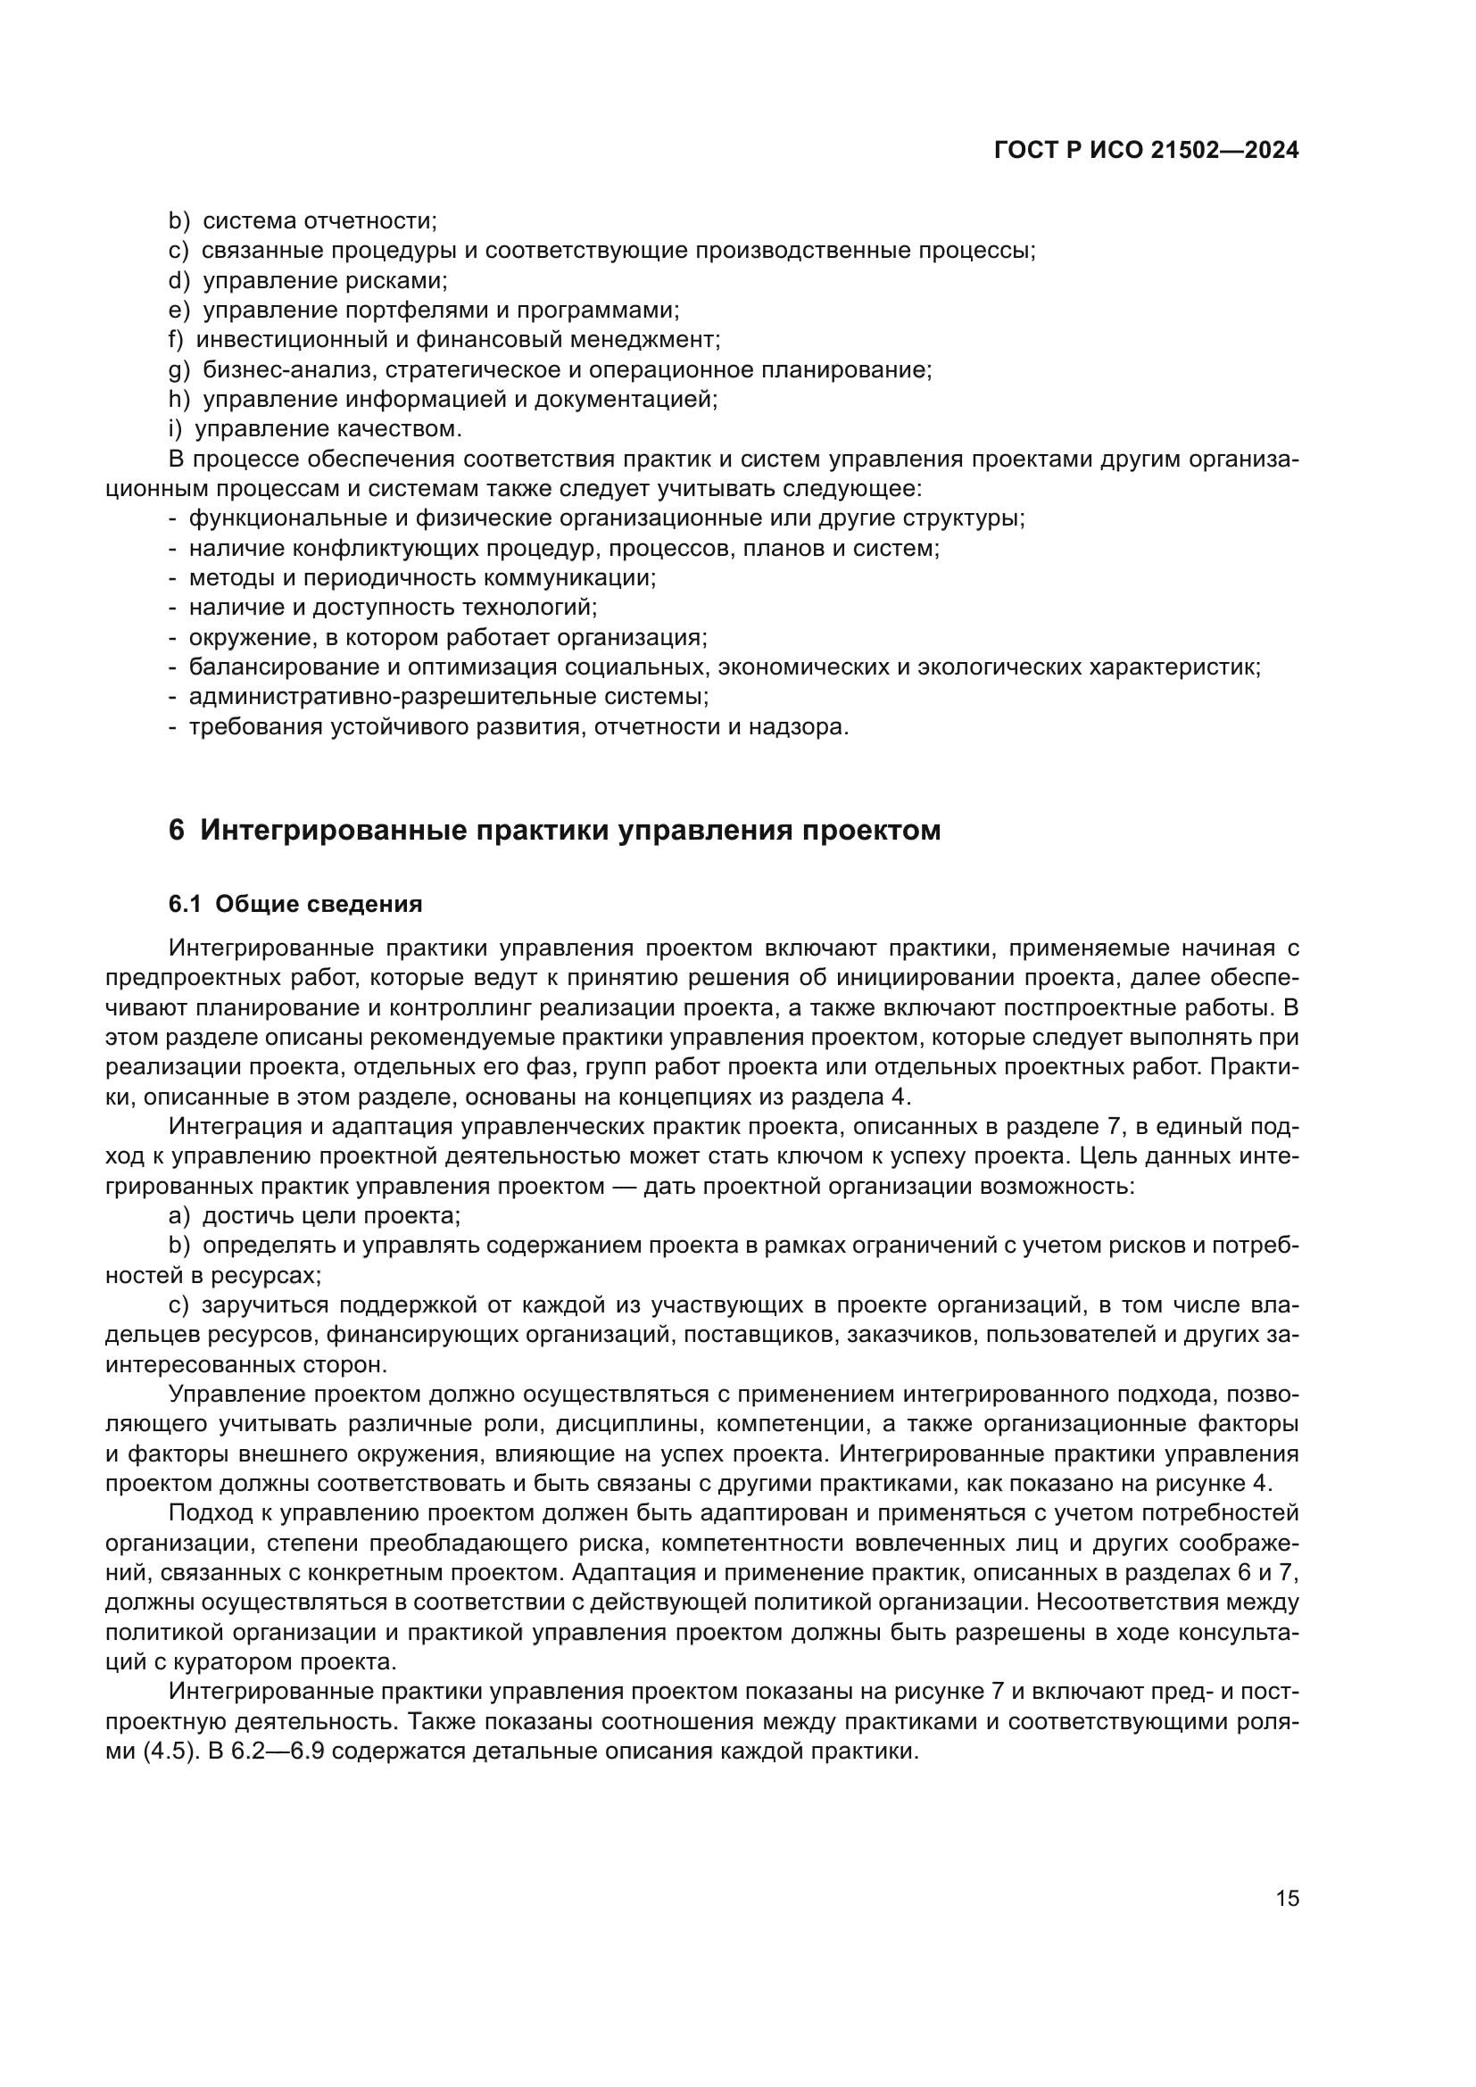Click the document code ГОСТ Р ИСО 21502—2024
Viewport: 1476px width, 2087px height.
tap(1146, 151)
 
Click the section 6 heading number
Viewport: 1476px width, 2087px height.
tap(177, 831)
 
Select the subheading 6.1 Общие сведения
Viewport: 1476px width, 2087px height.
tap(295, 905)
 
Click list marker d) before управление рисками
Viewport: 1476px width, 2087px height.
tap(178, 281)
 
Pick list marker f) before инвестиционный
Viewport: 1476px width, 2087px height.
tap(177, 340)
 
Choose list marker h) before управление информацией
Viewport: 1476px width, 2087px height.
tap(178, 399)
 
